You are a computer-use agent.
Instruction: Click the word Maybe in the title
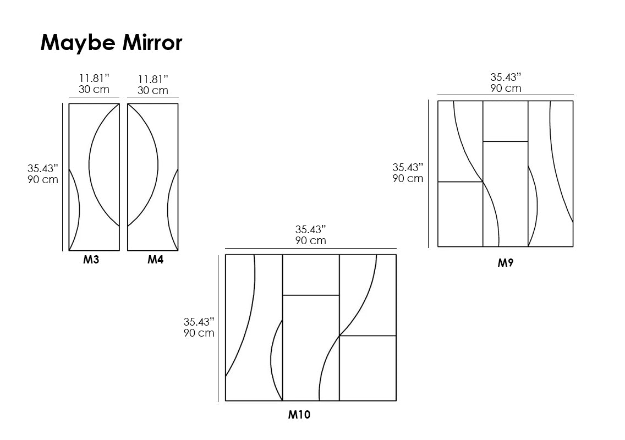click(78, 43)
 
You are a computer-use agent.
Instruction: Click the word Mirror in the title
click(152, 42)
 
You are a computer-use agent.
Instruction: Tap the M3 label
click(91, 260)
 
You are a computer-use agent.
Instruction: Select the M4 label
click(156, 260)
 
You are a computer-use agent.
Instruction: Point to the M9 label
click(506, 263)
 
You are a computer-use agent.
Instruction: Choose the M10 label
click(299, 415)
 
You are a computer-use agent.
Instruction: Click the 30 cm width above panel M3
click(94, 90)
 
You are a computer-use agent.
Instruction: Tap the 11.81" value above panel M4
click(153, 79)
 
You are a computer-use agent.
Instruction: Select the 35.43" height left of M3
click(43, 168)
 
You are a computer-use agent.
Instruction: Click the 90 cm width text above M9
click(506, 88)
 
